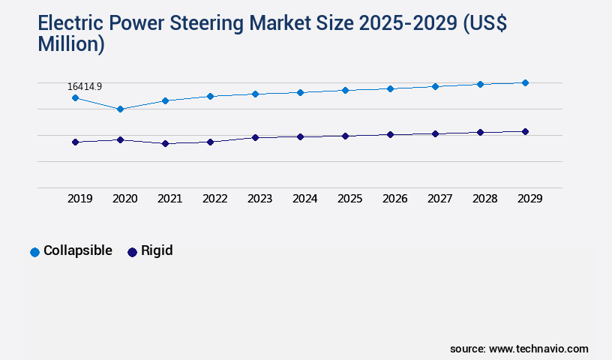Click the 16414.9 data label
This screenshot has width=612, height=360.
click(x=84, y=87)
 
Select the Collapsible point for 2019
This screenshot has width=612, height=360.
click(x=75, y=98)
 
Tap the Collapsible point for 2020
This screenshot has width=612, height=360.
click(x=120, y=109)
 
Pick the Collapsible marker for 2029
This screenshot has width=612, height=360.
click(x=525, y=82)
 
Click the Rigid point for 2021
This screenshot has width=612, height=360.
click(x=165, y=143)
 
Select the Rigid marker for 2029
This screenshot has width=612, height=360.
click(x=525, y=131)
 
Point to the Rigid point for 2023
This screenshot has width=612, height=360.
click(x=255, y=137)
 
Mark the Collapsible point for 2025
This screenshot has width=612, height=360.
click(x=345, y=90)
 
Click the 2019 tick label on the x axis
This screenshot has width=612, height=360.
click(x=79, y=199)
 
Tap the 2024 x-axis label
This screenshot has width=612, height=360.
click(x=304, y=199)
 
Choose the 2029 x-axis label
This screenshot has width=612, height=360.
click(x=529, y=199)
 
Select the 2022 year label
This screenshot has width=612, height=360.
click(x=214, y=199)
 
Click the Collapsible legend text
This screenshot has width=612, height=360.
click(x=78, y=250)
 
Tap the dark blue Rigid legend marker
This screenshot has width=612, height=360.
click(x=132, y=252)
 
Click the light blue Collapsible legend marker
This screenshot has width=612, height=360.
click(x=34, y=252)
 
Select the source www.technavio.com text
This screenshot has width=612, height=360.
click(x=519, y=349)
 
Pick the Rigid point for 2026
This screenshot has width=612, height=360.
click(x=390, y=134)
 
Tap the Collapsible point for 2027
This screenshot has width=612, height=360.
click(x=435, y=86)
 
